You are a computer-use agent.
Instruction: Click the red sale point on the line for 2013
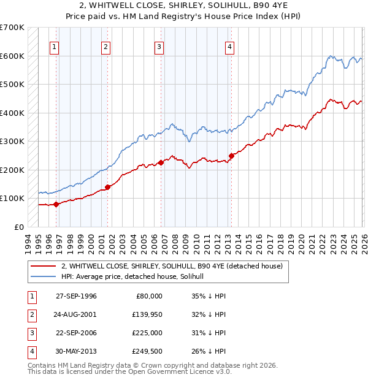231,156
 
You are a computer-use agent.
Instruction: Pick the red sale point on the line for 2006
161,162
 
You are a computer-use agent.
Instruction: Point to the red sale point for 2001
107,187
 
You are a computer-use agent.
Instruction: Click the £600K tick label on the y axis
12,56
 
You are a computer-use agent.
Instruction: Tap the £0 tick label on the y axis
19,227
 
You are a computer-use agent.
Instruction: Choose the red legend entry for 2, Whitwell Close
172,266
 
